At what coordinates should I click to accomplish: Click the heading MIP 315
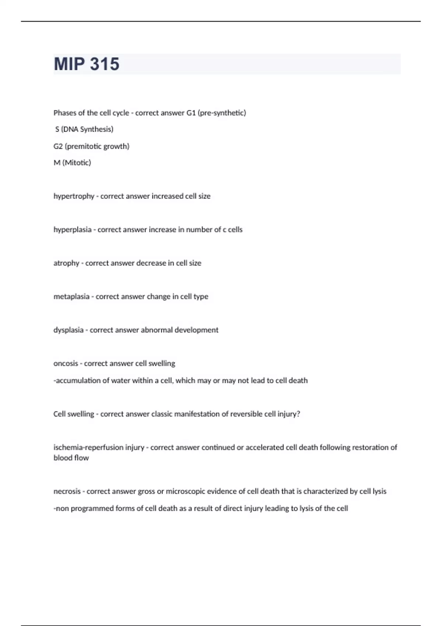click(87, 64)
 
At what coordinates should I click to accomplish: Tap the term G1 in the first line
click(191, 113)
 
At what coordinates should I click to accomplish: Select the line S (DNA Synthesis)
click(84, 129)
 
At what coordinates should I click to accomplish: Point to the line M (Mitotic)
click(72, 163)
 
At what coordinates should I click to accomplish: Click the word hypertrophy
click(74, 196)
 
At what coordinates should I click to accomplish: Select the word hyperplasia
click(72, 230)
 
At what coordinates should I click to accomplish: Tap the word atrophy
click(66, 263)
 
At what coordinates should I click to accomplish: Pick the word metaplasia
click(71, 296)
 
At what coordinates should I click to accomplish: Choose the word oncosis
click(66, 363)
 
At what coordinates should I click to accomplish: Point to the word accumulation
click(78, 380)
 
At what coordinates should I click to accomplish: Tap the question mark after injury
click(298, 414)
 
